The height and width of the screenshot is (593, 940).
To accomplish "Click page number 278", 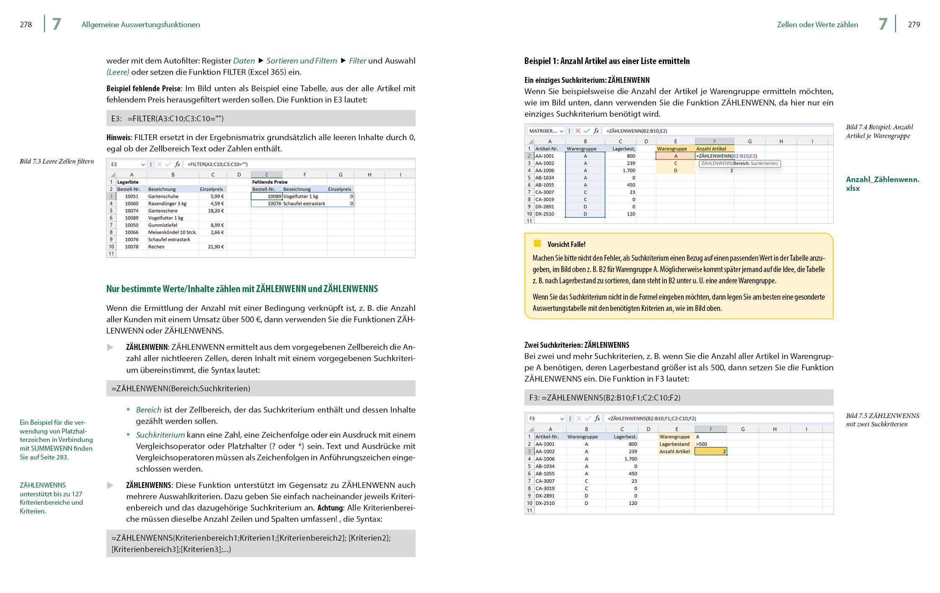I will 26,25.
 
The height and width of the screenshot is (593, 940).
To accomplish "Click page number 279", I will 914,25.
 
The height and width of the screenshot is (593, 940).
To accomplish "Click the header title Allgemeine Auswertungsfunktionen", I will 141,25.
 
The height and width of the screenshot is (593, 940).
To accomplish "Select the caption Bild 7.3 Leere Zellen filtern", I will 57,162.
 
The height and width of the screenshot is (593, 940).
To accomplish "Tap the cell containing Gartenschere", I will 163,211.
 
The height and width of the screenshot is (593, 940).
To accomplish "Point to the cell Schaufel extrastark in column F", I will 304,203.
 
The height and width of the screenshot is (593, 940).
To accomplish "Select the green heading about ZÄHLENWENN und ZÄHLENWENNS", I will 242,289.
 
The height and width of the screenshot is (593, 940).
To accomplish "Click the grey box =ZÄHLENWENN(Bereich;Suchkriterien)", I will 260,388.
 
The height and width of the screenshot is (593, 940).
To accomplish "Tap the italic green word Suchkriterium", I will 160,435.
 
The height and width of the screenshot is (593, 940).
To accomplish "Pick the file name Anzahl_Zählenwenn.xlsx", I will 882,184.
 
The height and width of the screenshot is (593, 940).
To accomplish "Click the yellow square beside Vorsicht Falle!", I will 537,244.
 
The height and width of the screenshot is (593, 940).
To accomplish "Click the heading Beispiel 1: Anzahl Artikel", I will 607,61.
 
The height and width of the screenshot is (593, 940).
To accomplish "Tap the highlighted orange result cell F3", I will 710,451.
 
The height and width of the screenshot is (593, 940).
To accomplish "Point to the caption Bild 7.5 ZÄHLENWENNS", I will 882,420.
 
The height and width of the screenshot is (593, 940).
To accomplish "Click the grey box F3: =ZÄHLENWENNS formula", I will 678,398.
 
